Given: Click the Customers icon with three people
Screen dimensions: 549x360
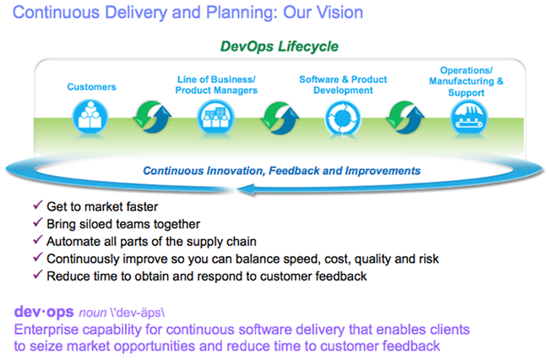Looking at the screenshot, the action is pyautogui.click(x=90, y=117).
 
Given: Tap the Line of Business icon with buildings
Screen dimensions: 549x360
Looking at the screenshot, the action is pyautogui.click(x=215, y=117).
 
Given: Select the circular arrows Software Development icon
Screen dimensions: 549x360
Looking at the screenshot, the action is pyautogui.click(x=342, y=118).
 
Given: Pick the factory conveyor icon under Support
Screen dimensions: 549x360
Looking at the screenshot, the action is pyautogui.click(x=468, y=117).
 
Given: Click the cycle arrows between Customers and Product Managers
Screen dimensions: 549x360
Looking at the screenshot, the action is pyautogui.click(x=153, y=117).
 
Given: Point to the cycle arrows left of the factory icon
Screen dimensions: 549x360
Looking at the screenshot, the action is pyautogui.click(x=405, y=117).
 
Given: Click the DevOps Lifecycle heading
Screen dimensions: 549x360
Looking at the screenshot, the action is pyautogui.click(x=279, y=46).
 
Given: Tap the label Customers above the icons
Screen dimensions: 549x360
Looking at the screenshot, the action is pyautogui.click(x=91, y=87).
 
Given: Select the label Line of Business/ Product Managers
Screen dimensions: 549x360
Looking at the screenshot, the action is pyautogui.click(x=216, y=85).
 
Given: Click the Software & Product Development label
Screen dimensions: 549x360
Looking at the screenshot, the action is pyautogui.click(x=343, y=85).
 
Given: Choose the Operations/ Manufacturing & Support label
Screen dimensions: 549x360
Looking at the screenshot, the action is pyautogui.click(x=466, y=81).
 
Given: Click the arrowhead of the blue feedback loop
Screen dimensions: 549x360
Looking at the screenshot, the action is pyautogui.click(x=245, y=189).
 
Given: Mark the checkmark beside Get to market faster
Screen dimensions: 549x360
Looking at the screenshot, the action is pyautogui.click(x=37, y=205).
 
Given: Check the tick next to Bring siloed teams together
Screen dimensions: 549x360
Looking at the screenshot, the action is pyautogui.click(x=37, y=222).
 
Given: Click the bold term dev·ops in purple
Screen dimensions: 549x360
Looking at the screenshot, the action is pyautogui.click(x=44, y=312).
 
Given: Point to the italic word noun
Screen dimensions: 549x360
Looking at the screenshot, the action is pyautogui.click(x=92, y=313).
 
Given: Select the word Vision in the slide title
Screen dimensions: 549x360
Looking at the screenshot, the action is pyautogui.click(x=340, y=13).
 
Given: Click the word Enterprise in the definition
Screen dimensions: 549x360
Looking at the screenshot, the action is pyautogui.click(x=46, y=330).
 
